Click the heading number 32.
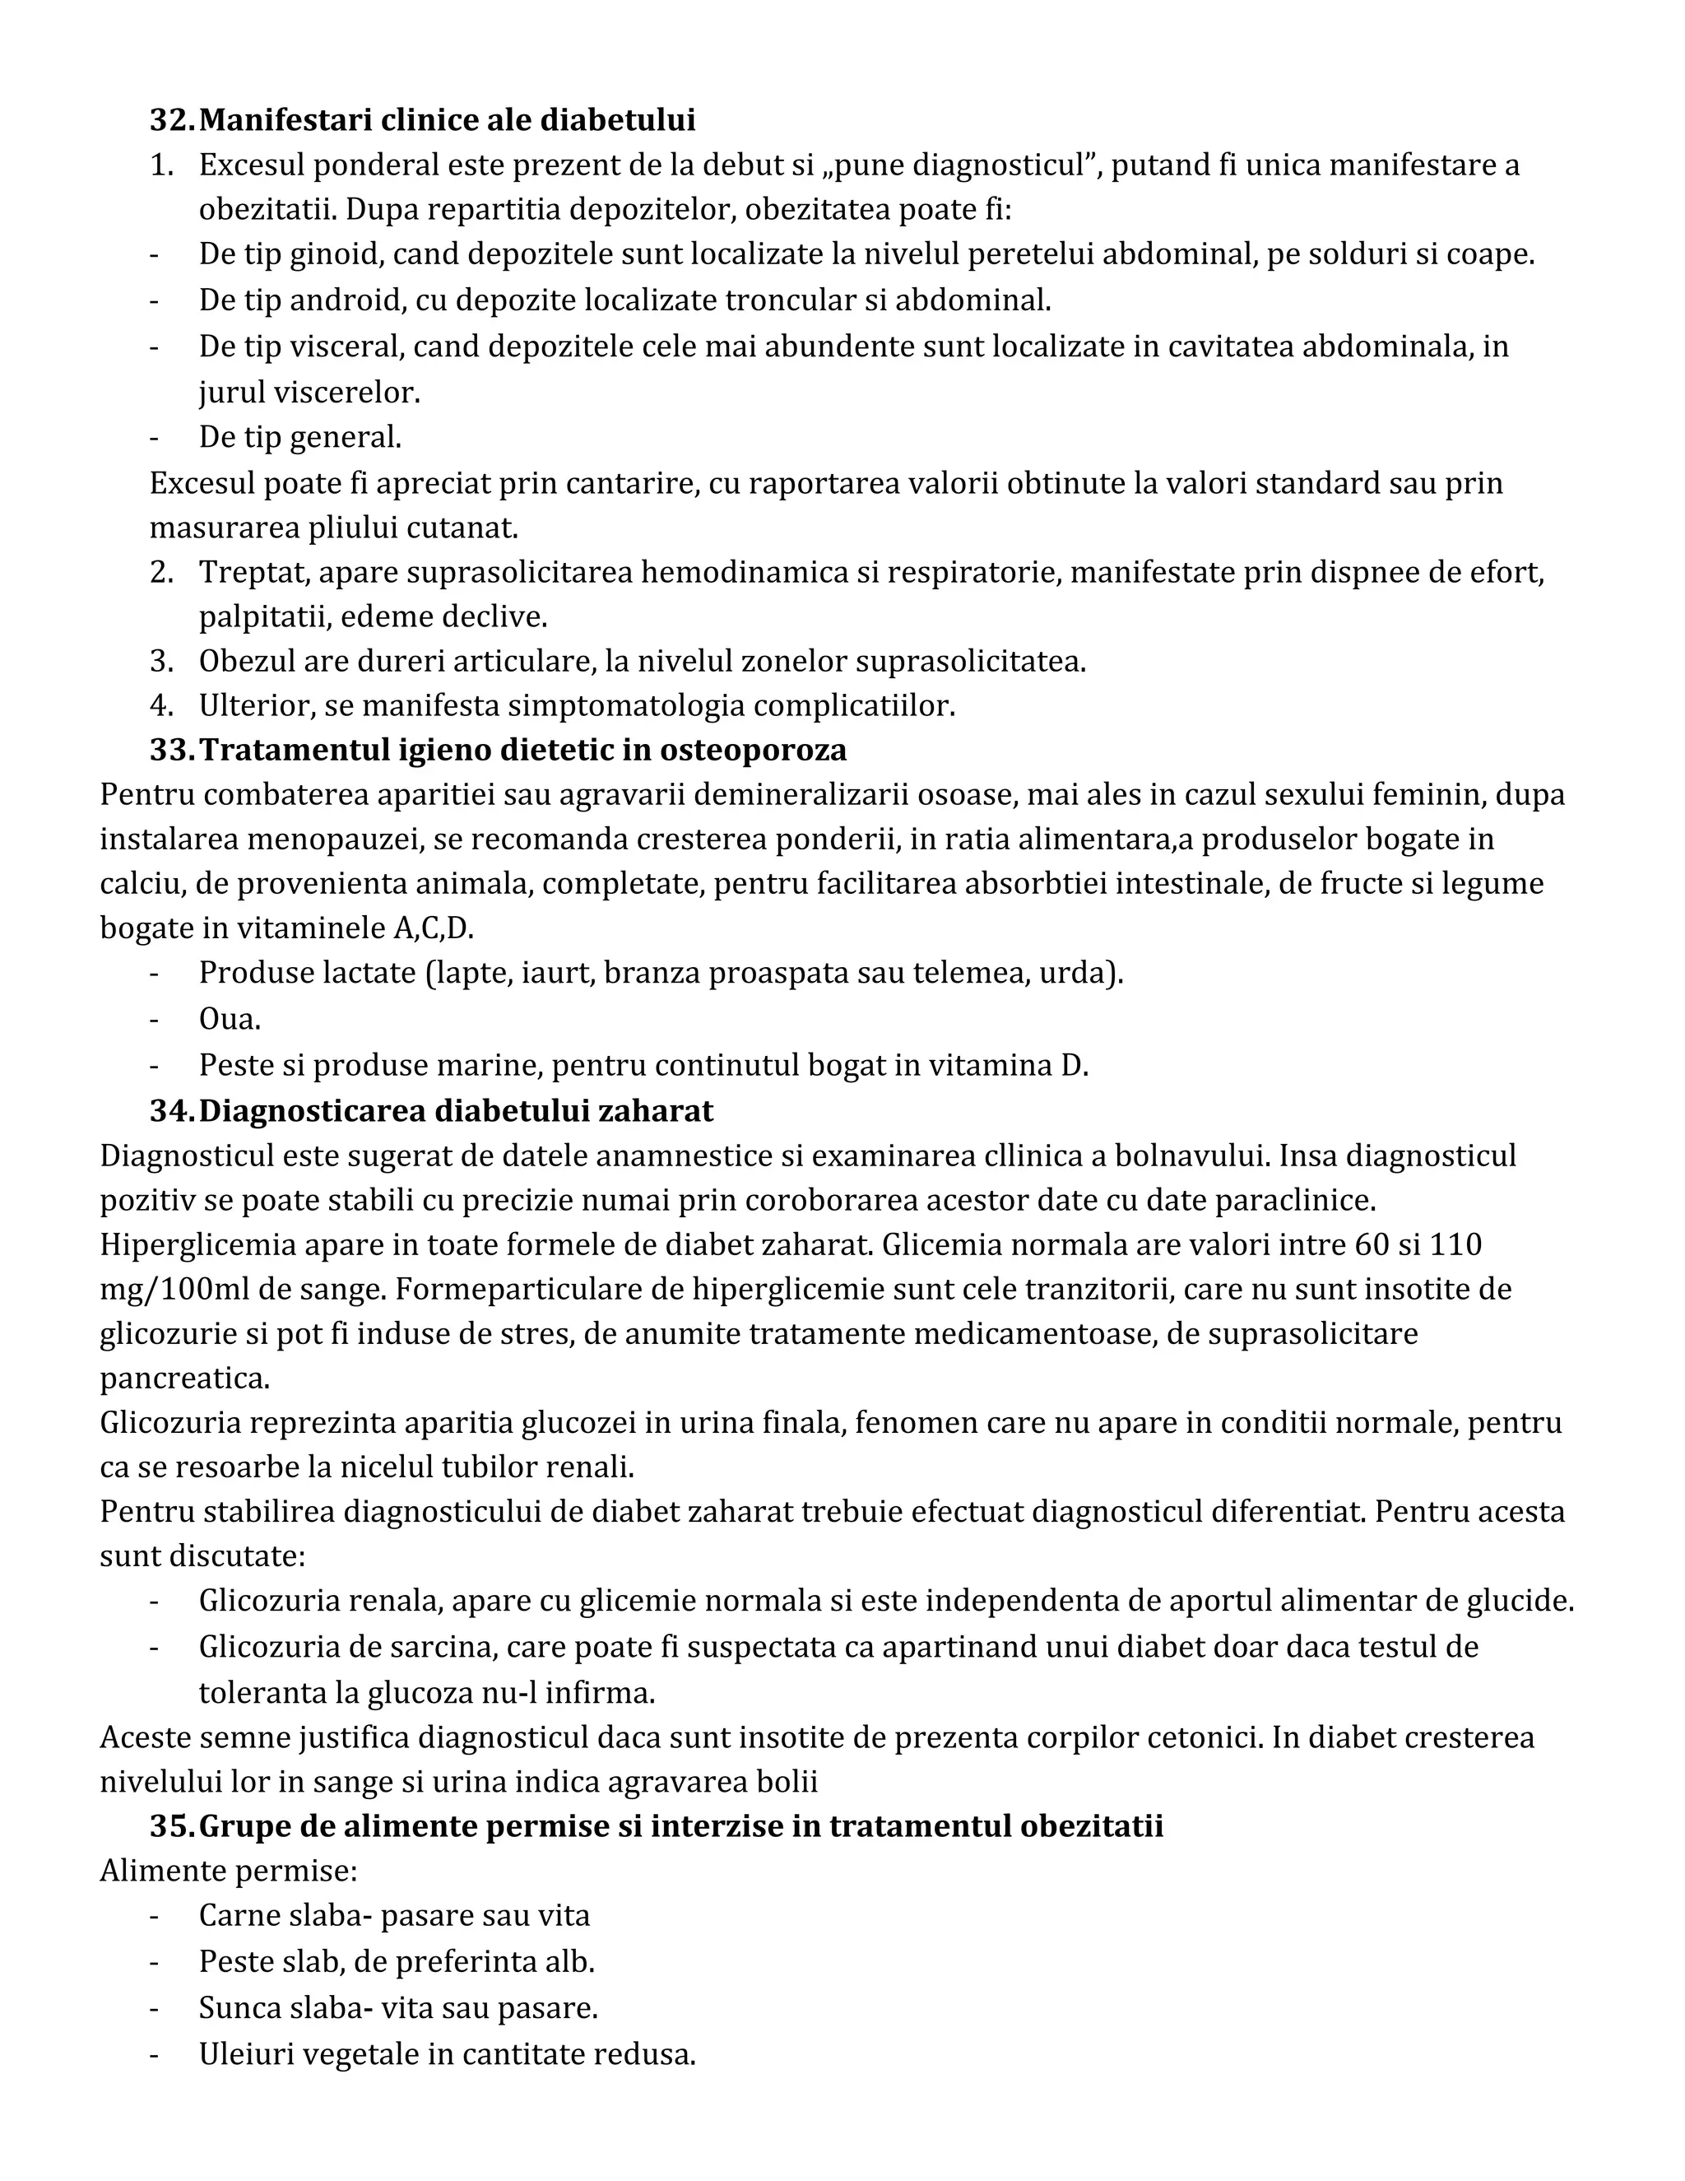(x=172, y=120)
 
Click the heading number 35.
(x=172, y=1826)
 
